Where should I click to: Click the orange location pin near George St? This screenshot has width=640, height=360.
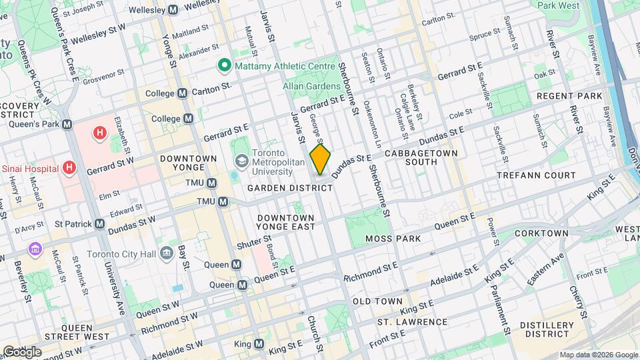(x=321, y=159)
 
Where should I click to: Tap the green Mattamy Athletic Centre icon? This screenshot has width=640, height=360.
(x=224, y=65)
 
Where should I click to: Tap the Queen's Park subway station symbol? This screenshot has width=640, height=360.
(x=67, y=124)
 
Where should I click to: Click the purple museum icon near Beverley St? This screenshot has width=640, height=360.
(x=35, y=249)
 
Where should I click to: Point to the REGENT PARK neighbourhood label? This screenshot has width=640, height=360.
(x=570, y=96)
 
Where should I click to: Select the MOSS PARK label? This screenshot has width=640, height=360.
(x=393, y=238)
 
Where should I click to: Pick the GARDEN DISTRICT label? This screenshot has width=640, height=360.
(x=290, y=189)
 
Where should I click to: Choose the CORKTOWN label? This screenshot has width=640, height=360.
(x=545, y=233)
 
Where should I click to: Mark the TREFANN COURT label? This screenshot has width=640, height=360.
(x=536, y=175)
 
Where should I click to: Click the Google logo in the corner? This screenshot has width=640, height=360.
(x=22, y=351)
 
